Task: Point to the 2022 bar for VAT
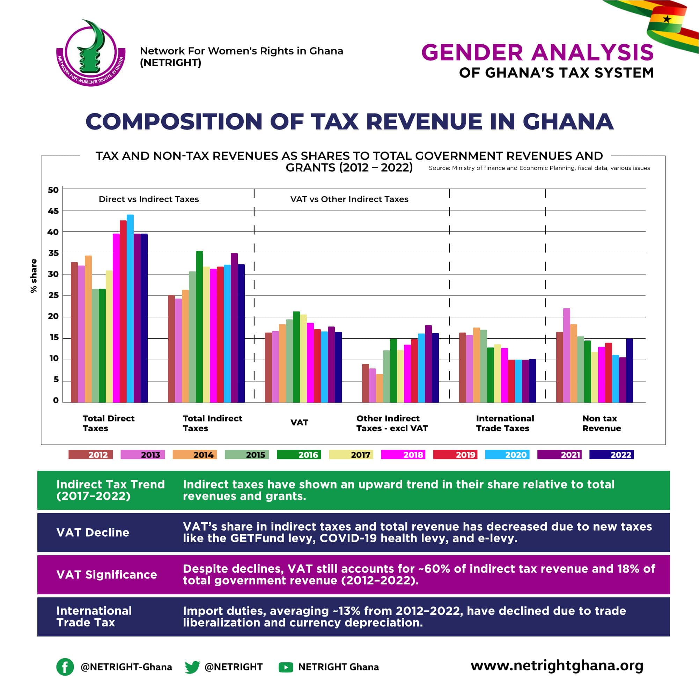pos(338,367)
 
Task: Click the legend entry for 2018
pos(403,455)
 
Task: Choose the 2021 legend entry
pos(559,455)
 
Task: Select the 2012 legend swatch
pos(90,455)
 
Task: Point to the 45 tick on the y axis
pos(53,211)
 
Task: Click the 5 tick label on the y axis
pos(56,380)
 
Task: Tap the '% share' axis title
pos(34,276)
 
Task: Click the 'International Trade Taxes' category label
pos(505,423)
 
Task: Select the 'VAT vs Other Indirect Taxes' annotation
pos(349,199)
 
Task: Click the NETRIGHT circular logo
pos(91,53)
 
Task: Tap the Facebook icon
pos(65,667)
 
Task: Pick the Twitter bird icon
pos(192,667)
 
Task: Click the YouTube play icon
pos(286,667)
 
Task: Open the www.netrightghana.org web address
pos(557,666)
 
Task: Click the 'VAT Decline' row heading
pos(93,532)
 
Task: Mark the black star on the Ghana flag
pos(667,19)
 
